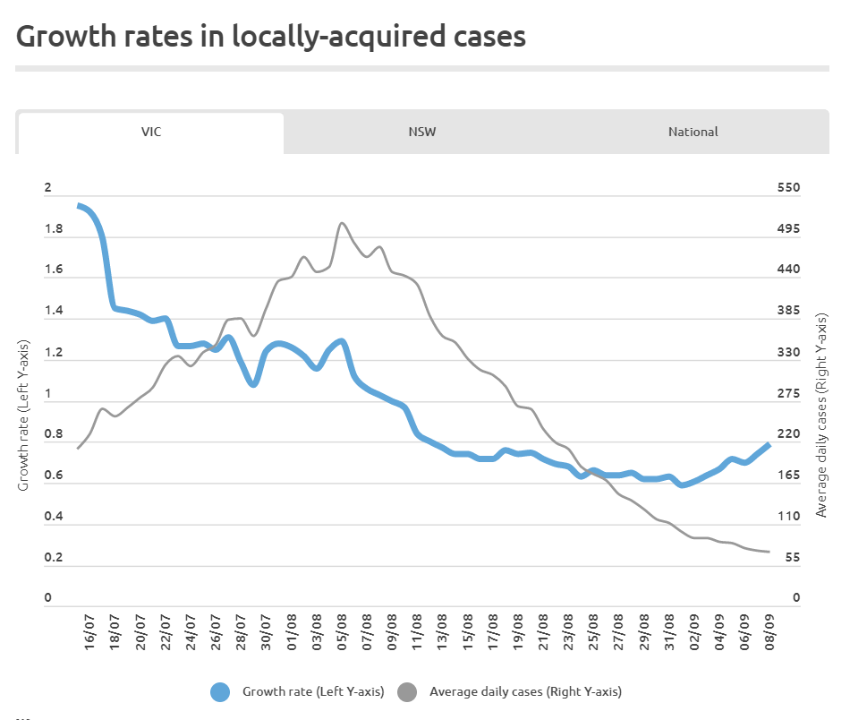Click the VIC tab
click(150, 132)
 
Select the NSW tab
click(422, 132)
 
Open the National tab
click(693, 132)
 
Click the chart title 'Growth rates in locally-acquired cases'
click(271, 37)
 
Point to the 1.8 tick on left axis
click(53, 230)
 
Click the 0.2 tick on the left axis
click(53, 558)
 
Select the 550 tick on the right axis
click(787, 188)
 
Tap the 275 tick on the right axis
click(787, 394)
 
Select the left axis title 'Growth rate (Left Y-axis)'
click(24, 416)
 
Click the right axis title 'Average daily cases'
click(821, 416)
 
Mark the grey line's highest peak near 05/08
click(342, 223)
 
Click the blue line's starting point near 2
click(80, 206)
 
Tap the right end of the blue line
click(769, 444)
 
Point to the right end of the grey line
click(769, 552)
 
